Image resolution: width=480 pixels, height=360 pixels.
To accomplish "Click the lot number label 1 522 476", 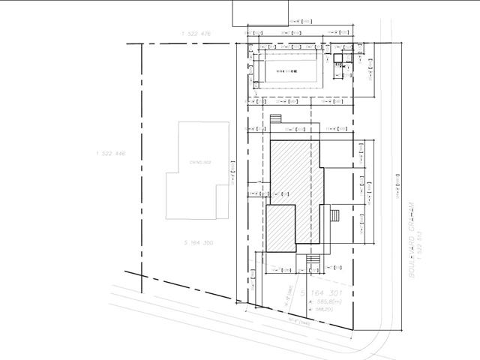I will pos(196,34).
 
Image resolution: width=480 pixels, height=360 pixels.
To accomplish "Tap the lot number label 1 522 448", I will pos(110,153).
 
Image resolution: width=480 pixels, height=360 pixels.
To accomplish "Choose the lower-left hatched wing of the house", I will pos(280,227).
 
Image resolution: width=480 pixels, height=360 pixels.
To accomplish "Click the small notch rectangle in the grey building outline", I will pos(221,200).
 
